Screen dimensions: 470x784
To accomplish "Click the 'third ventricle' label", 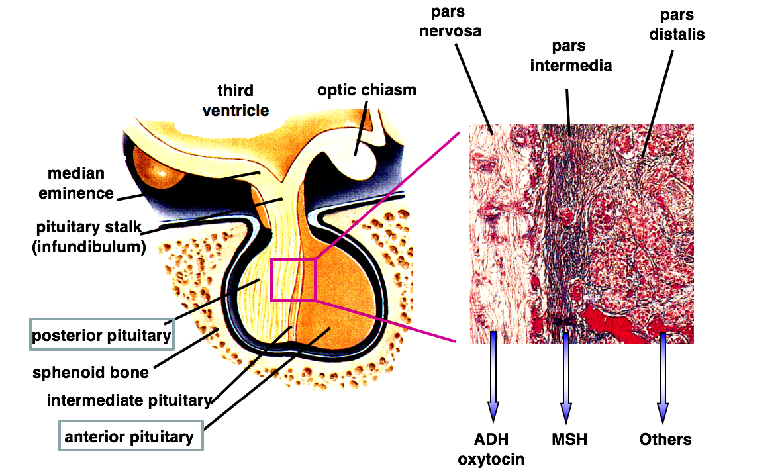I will coord(236,99).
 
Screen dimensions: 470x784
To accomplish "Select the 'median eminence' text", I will coord(75,183).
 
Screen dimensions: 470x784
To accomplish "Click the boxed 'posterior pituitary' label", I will coord(101,335).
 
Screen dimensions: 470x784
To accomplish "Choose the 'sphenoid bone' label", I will coord(91,373).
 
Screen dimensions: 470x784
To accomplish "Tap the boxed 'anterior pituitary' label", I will coord(130,436).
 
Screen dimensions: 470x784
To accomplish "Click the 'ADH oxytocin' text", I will coord(491,448).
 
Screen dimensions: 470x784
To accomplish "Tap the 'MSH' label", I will coord(569,439).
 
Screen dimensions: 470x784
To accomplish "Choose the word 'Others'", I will coord(665,439).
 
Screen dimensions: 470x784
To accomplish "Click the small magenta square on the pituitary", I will coord(293,279).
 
